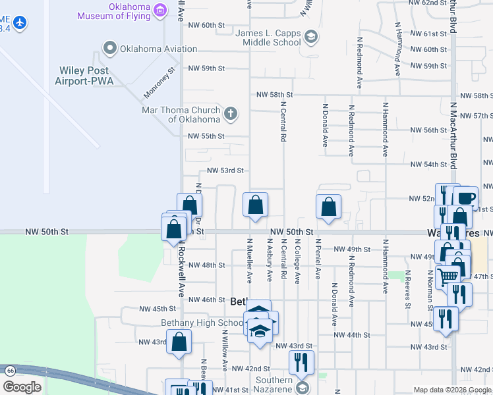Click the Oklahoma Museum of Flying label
point(113,11)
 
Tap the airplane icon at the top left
point(20,23)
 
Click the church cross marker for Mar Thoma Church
point(230,115)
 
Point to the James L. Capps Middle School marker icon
point(311,38)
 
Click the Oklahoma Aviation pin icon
point(109,48)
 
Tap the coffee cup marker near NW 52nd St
point(465,197)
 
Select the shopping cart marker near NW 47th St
point(448,276)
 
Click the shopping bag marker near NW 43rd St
point(179,342)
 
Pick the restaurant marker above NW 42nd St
point(301,361)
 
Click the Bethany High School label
point(202,323)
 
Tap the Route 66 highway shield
point(9,371)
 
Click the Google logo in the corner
point(21,387)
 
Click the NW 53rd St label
point(225,170)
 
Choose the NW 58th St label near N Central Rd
point(274,95)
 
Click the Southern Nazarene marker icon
point(303,386)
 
